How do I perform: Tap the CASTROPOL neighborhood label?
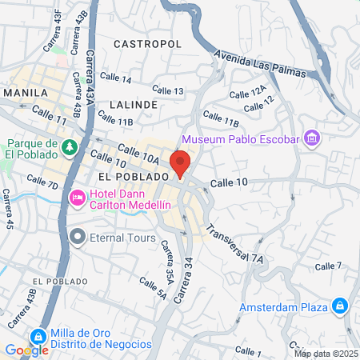148,43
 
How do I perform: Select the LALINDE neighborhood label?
134,105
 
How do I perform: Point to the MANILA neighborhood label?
26,93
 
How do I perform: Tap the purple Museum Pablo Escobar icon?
313,140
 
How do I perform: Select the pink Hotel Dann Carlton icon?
78,197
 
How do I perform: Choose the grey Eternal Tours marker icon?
78,236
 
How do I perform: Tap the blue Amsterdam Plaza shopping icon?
339,305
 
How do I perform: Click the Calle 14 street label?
116,78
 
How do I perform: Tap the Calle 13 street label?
167,91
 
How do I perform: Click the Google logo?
26,349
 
